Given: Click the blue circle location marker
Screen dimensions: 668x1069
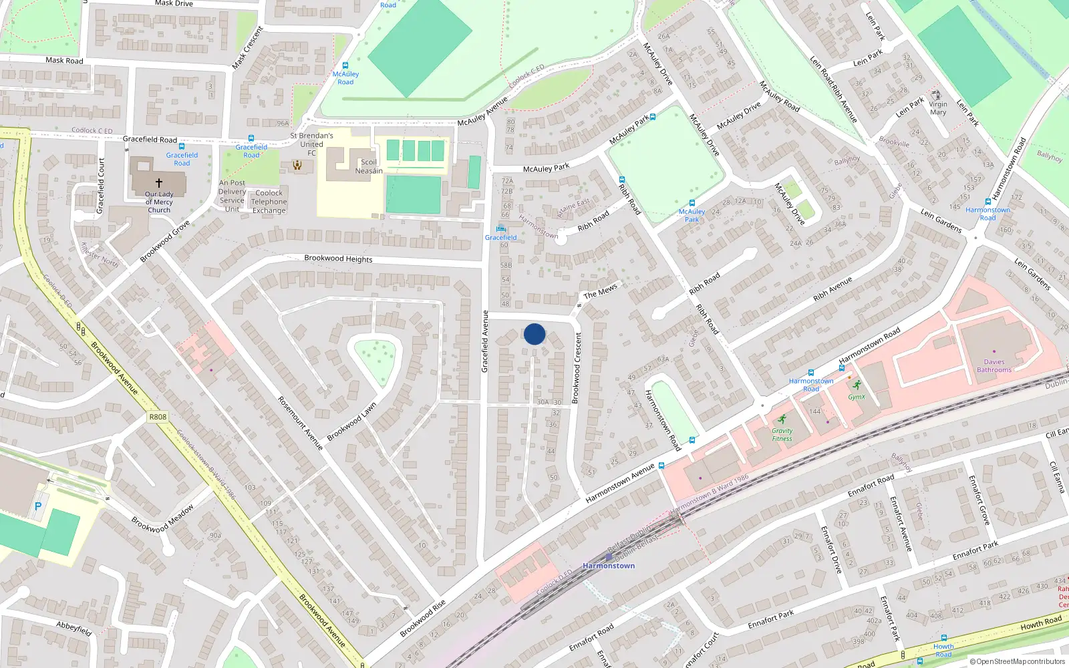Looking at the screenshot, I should (534, 334).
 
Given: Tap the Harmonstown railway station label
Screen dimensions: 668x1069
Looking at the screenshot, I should (609, 566).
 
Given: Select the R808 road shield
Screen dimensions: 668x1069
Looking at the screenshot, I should (158, 417).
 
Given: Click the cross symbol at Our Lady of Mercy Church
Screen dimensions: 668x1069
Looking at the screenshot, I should (159, 182).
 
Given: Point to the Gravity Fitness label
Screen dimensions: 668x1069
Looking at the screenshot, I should (782, 435).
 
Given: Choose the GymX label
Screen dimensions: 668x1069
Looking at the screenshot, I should (857, 397).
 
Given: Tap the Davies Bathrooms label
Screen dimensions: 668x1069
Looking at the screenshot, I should (994, 366).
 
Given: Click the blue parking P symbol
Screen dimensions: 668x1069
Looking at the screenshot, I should (38, 506).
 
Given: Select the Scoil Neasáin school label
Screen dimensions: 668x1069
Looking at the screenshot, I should (369, 166).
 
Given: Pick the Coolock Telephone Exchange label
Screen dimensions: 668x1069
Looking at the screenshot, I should (269, 202).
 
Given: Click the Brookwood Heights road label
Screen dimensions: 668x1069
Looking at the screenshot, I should (338, 259).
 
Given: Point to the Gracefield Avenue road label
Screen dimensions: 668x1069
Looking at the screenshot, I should (485, 341).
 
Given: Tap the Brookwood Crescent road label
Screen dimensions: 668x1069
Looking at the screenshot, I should (577, 367).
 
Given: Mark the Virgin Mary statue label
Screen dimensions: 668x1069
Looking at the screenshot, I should (937, 108).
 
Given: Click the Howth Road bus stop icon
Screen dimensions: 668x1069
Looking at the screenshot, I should (943, 638).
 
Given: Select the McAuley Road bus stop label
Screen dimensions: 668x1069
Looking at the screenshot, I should (345, 78).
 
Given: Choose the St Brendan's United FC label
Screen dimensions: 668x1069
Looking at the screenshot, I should (311, 144).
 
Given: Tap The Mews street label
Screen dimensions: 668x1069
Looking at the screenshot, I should (600, 292).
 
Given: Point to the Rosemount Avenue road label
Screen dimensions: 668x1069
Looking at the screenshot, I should (300, 424).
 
